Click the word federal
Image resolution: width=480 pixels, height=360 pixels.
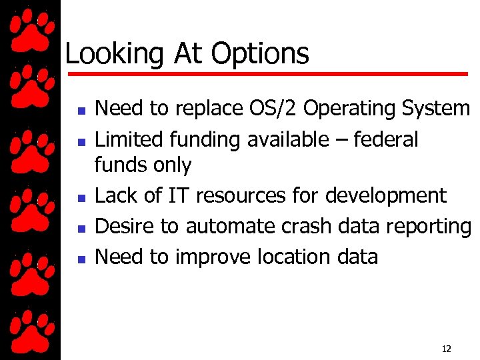tap(386, 139)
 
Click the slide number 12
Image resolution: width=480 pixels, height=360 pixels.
tap(446, 349)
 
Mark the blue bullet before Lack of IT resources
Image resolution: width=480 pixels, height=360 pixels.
tap(79, 198)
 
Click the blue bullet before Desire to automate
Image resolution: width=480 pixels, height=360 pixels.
tap(79, 229)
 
